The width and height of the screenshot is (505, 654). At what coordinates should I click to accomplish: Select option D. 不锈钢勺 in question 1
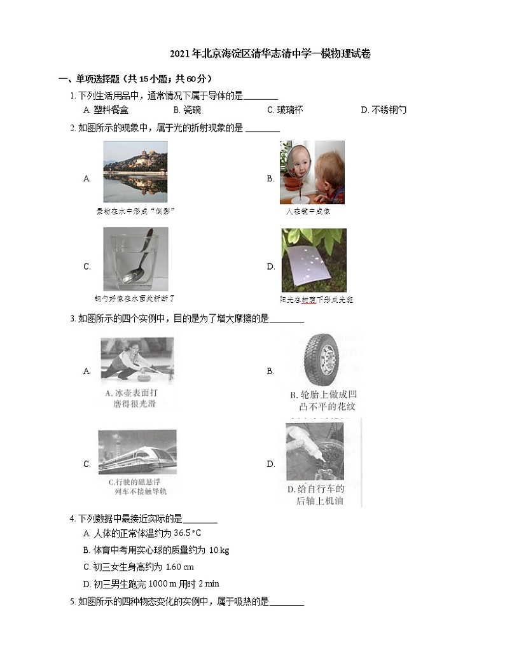coord(383,110)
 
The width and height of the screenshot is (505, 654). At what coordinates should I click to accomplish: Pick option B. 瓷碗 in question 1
coord(187,110)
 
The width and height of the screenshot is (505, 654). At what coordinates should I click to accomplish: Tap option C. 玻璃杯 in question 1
coord(285,110)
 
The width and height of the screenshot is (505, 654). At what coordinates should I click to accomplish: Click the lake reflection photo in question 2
coord(135,172)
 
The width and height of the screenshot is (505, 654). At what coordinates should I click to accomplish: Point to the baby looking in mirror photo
coord(312,172)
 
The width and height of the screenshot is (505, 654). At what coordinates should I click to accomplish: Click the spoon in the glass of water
coord(135,260)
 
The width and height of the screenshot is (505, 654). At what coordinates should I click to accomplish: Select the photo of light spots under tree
coord(314,260)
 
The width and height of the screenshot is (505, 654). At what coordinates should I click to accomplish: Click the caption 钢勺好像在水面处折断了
coord(134,298)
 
